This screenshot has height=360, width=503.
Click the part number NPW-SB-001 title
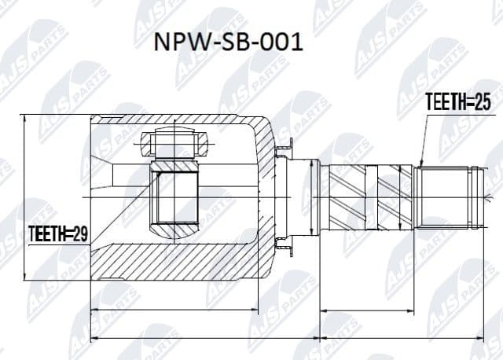228,42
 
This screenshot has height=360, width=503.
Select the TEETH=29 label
58,233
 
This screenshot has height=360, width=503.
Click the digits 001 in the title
281,42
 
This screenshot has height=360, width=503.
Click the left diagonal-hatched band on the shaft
346,197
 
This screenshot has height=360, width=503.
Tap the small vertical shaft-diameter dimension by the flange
313,197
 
